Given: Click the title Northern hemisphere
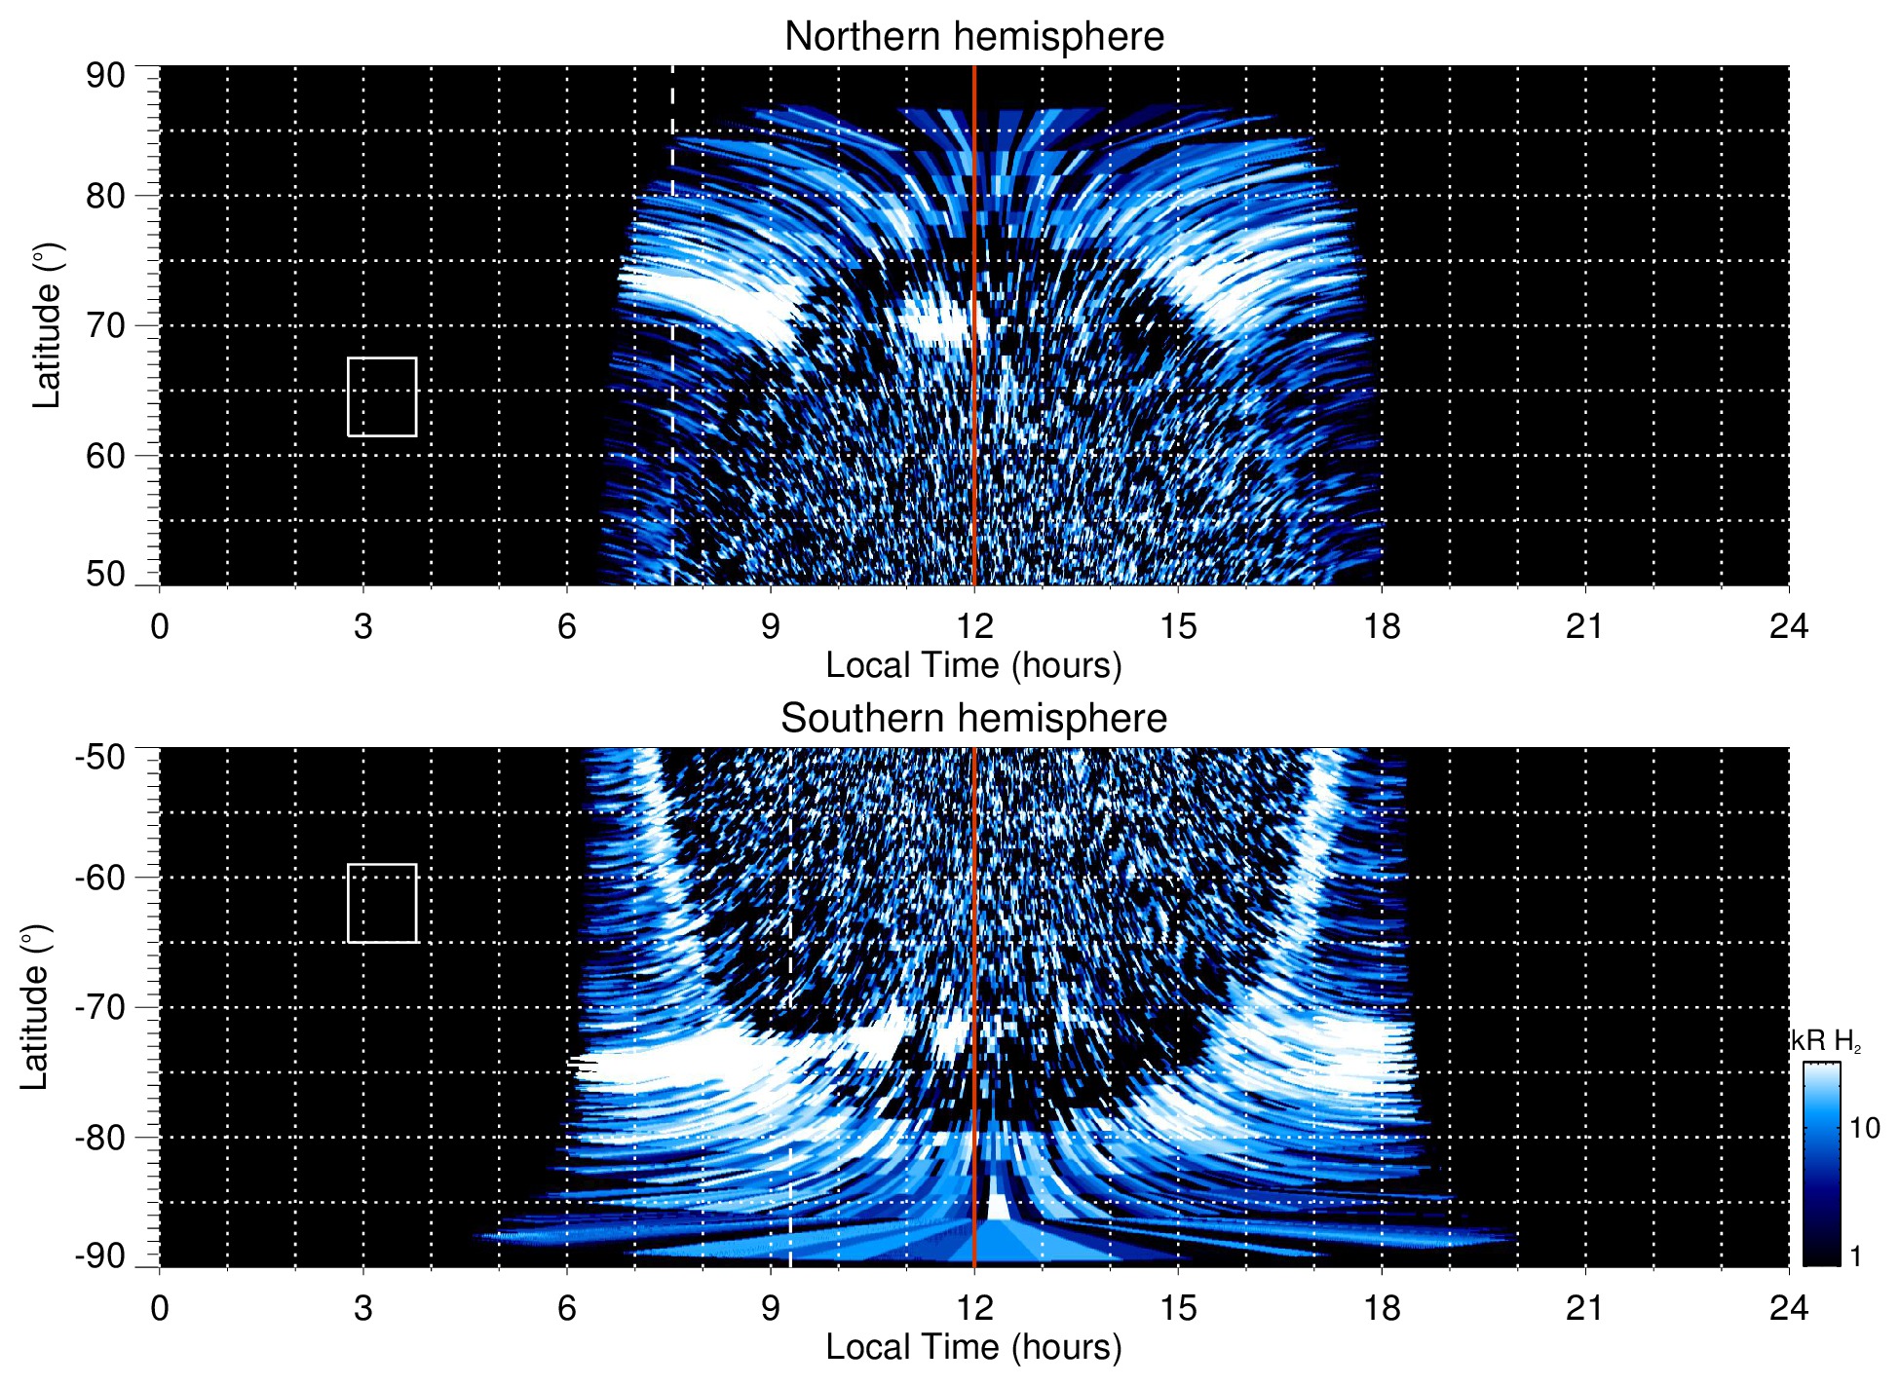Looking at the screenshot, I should (x=973, y=37).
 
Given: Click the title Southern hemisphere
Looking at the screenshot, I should (x=973, y=719).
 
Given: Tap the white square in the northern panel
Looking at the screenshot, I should (x=382, y=396).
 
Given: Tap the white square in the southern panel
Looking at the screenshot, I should (x=382, y=903).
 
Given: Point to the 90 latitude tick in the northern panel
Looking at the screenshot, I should (x=105, y=75).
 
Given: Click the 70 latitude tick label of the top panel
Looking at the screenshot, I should (x=105, y=325).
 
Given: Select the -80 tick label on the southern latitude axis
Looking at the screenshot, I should (x=99, y=1137).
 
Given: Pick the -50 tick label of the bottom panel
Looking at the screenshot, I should (x=99, y=757).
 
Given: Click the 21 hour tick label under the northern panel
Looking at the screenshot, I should (x=1584, y=626).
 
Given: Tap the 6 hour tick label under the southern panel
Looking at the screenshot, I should (x=566, y=1308).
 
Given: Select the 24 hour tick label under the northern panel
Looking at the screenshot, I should (x=1788, y=626).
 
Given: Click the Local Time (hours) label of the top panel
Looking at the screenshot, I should (x=973, y=665).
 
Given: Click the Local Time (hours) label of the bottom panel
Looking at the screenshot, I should (x=973, y=1347).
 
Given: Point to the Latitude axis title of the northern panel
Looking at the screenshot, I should (x=47, y=325).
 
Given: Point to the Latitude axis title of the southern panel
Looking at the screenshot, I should (x=35, y=1007).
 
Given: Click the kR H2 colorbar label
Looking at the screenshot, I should (x=1826, y=1041).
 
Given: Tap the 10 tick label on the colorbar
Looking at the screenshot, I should (x=1864, y=1128).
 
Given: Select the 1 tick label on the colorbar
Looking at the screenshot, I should (x=1855, y=1256).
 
